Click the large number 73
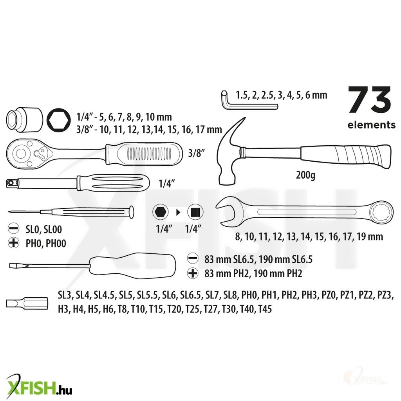[370, 100]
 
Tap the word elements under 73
[371, 125]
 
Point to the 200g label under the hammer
[305, 175]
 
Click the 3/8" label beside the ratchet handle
[197, 153]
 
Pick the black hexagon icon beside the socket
[59, 120]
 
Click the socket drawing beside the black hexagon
[24, 120]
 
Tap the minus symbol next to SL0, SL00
[14, 228]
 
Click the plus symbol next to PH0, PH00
[14, 242]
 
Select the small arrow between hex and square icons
[178, 212]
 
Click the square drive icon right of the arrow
[195, 212]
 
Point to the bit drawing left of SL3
[27, 303]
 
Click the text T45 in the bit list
[265, 309]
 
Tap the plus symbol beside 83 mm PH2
[193, 273]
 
